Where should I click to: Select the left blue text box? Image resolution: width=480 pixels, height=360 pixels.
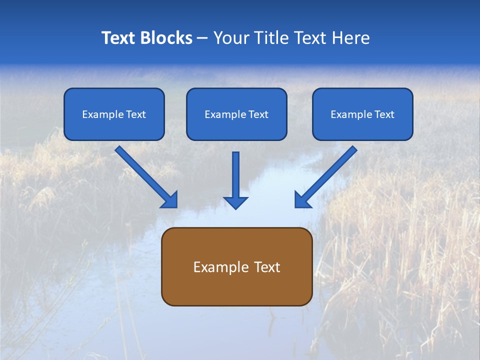[x=114, y=114]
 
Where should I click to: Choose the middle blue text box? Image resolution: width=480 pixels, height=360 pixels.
[x=236, y=114]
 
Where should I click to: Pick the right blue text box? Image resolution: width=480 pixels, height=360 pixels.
[x=362, y=114]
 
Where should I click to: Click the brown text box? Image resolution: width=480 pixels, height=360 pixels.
[x=236, y=266]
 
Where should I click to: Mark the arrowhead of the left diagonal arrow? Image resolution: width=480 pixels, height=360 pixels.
[x=170, y=199]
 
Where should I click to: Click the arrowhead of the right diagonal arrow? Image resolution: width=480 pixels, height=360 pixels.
[x=302, y=199]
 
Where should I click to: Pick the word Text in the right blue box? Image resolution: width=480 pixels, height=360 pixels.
[x=384, y=114]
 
